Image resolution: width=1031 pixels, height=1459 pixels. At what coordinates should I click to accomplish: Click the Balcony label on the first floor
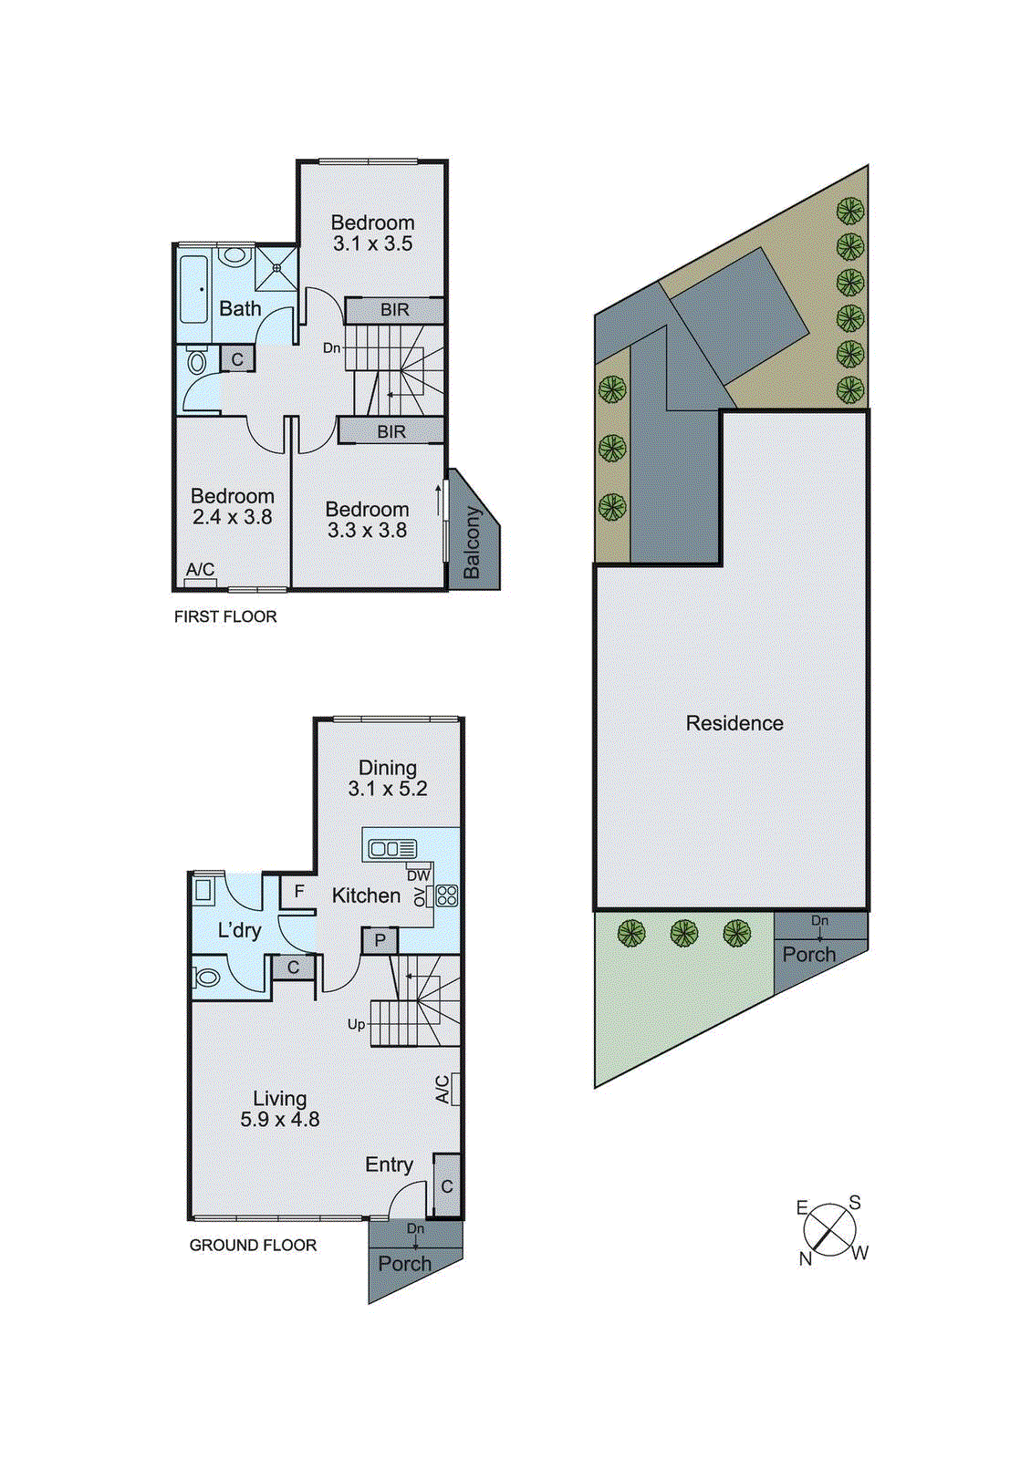click(x=472, y=543)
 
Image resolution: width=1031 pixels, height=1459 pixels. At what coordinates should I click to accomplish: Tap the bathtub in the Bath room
click(x=195, y=289)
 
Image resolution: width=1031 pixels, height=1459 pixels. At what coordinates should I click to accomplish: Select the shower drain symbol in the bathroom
click(x=276, y=268)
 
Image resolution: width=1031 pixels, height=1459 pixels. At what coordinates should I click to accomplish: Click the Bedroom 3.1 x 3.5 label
click(x=372, y=233)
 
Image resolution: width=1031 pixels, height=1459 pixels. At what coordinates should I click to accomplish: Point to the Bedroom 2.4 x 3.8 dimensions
click(x=233, y=518)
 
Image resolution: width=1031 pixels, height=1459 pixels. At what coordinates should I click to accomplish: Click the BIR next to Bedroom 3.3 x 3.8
click(x=391, y=431)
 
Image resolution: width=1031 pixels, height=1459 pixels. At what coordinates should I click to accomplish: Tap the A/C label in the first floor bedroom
click(x=200, y=570)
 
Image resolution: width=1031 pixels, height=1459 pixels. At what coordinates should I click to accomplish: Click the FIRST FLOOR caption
click(x=225, y=616)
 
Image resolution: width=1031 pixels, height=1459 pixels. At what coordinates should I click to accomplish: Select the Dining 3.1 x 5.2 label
click(x=388, y=778)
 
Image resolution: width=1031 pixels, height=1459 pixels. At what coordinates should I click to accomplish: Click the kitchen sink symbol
click(x=391, y=849)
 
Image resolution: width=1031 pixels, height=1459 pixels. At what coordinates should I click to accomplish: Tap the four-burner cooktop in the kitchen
click(x=446, y=895)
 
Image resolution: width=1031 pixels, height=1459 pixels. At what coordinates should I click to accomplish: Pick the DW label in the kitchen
click(x=418, y=875)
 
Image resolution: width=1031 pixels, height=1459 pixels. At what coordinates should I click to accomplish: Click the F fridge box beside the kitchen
click(x=298, y=891)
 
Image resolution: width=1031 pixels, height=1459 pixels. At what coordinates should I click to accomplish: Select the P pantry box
click(x=380, y=940)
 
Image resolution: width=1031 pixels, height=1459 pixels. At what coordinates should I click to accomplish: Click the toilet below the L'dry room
click(x=207, y=978)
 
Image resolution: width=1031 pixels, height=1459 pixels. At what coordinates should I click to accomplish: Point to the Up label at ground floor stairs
click(x=356, y=1024)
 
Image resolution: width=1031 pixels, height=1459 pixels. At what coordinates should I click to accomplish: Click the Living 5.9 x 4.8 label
click(x=279, y=1109)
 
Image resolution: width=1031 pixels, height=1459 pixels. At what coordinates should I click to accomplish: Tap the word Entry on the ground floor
click(x=389, y=1164)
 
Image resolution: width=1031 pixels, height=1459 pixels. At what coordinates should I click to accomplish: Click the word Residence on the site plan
click(x=734, y=723)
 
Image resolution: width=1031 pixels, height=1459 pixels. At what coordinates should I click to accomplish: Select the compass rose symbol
click(x=829, y=1229)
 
